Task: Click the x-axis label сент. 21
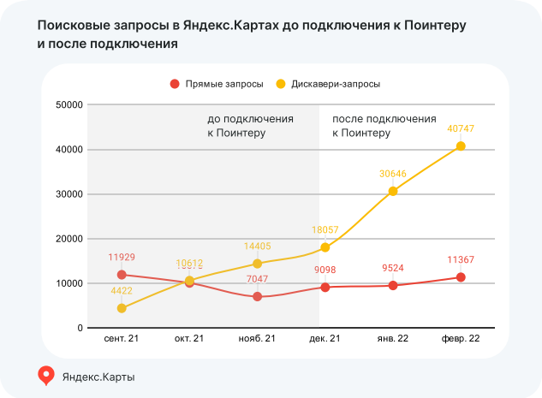pos(122,339)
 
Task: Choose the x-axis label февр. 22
pos(461,339)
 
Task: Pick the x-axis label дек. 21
pos(325,339)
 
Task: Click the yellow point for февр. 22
pos(461,146)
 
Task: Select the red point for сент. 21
pos(122,275)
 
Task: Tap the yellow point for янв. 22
pos(393,191)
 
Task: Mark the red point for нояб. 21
pos(257,296)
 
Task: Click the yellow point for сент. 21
pos(122,308)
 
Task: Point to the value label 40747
pos(461,128)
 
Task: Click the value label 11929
pos(122,257)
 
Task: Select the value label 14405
pos(257,246)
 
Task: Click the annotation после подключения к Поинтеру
pos(384,127)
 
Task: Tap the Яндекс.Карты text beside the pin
pos(99,376)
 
